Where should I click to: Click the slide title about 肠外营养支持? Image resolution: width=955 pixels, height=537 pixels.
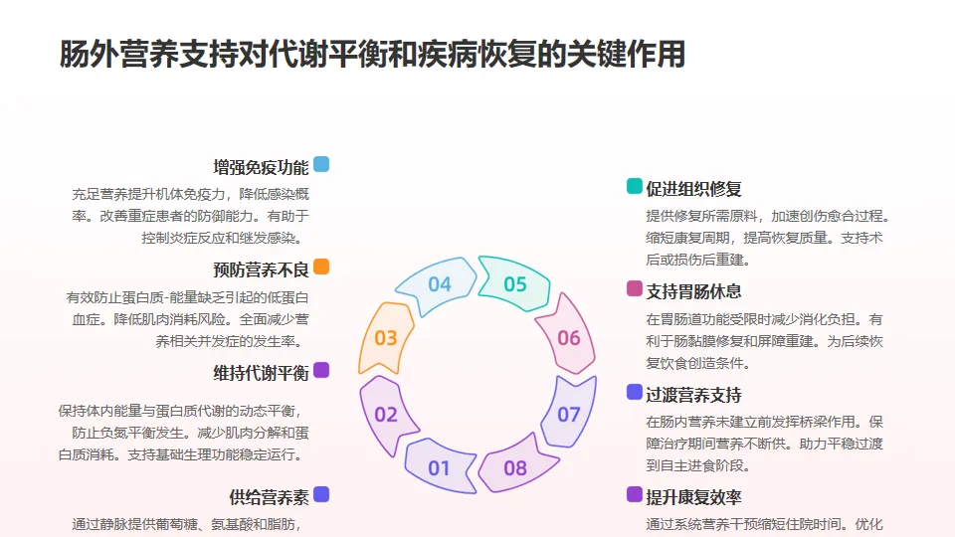point(373,54)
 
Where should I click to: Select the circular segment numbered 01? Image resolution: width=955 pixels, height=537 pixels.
point(439,467)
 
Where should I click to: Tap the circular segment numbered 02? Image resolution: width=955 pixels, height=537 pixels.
point(386,414)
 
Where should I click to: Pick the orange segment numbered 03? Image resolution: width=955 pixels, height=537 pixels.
point(386,338)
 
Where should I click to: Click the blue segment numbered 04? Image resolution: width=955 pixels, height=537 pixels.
point(439,284)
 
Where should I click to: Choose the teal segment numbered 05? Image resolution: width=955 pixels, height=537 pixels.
point(514,284)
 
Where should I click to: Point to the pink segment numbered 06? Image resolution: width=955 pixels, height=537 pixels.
point(568,338)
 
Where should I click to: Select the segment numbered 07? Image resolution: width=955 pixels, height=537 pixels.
point(568,414)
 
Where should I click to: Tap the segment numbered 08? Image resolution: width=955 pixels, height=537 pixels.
point(514,467)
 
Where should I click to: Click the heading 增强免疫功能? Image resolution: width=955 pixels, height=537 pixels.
point(261,166)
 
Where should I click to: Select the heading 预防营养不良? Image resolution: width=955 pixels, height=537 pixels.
point(261,269)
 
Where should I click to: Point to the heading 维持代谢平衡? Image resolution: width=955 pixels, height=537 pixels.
point(261,373)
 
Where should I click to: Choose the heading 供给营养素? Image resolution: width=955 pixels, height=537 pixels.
point(269,497)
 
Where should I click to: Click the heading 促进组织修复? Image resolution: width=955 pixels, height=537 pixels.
point(693,189)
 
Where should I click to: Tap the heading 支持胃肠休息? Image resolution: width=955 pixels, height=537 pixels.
point(693,291)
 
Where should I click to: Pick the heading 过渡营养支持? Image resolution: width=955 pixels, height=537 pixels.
point(693,395)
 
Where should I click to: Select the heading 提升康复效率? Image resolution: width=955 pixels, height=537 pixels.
point(693,497)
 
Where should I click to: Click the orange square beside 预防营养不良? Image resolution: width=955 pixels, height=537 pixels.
point(320,267)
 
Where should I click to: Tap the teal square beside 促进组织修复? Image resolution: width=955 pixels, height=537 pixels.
point(634,186)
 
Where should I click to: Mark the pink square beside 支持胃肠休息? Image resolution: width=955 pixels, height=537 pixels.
point(634,288)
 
